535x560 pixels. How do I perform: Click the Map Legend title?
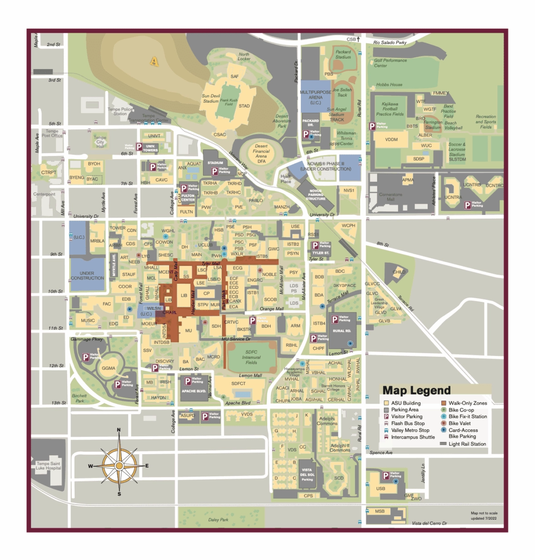point(416,390)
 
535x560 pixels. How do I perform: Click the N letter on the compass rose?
point(119,430)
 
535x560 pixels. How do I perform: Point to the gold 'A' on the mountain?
point(154,61)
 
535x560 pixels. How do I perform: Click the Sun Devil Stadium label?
point(211,99)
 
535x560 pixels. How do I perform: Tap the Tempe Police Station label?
point(120,111)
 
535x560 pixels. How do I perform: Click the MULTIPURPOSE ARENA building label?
point(315,97)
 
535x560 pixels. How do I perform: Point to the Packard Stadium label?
point(343,55)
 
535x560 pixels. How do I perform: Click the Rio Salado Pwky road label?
point(390,43)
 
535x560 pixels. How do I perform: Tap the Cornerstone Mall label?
point(390,197)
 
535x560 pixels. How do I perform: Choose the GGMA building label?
point(108,368)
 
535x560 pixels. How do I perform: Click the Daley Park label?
point(218,520)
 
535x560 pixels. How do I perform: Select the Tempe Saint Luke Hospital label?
point(48,466)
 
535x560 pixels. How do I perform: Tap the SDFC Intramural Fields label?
point(251,357)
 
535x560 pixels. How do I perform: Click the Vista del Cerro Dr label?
point(429,523)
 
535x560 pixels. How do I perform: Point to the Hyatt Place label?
point(285,179)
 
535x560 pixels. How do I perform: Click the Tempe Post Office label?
point(52,133)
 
